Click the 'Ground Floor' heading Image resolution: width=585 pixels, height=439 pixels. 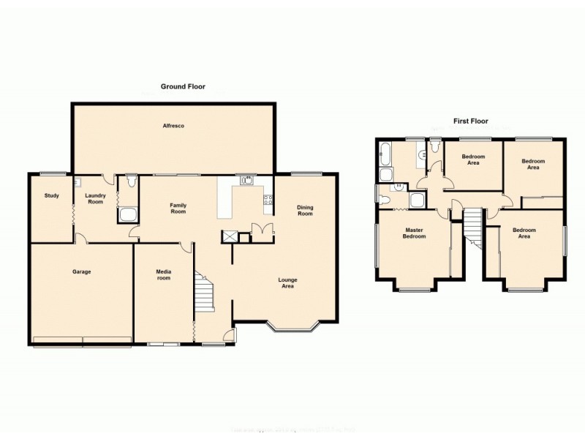tap(183, 86)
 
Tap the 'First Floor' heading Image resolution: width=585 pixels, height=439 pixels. tap(469, 121)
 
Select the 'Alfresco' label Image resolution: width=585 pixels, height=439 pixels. tap(173, 127)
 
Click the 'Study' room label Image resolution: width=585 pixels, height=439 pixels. tap(51, 195)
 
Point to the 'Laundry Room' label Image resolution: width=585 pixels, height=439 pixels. tap(96, 198)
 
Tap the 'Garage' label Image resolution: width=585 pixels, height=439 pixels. tap(81, 271)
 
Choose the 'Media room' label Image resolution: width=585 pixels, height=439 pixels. tap(163, 274)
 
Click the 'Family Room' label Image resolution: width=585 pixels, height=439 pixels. tap(178, 209)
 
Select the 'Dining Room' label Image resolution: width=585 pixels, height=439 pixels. tap(305, 211)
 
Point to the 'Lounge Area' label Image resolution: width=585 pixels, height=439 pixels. tap(287, 283)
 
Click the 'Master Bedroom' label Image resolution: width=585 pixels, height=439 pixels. tap(415, 233)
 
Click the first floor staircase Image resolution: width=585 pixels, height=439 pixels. tap(474, 226)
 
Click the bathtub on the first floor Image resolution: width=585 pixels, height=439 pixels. tap(385, 154)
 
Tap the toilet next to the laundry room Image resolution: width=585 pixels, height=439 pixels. tap(130, 181)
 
